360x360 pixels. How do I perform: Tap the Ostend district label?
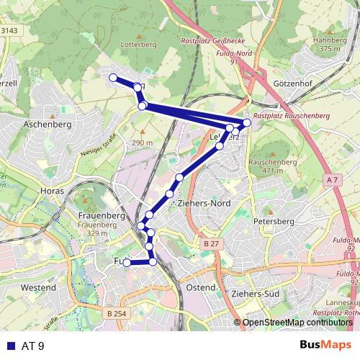pyautogui.click(x=200, y=288)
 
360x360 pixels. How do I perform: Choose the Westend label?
pyautogui.click(x=39, y=288)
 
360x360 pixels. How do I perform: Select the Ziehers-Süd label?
pyautogui.click(x=256, y=295)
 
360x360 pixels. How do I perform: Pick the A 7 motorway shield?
pyautogui.click(x=330, y=179)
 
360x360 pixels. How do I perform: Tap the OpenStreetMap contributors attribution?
pyautogui.click(x=297, y=323)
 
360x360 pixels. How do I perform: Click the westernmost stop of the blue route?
pyautogui.click(x=112, y=77)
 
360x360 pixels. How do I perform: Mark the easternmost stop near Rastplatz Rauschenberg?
pyautogui.click(x=247, y=122)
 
